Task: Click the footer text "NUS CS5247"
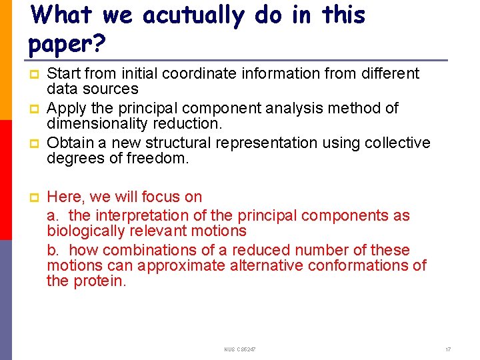point(240,349)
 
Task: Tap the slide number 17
point(448,349)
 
